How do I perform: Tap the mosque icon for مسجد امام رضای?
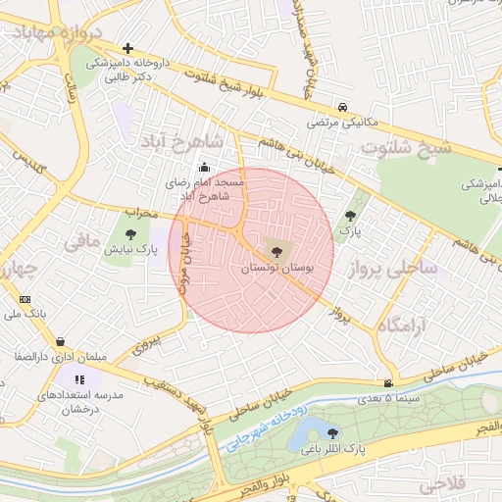[x=204, y=166]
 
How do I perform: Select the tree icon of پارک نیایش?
[x=130, y=232]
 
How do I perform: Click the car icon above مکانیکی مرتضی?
[x=341, y=107]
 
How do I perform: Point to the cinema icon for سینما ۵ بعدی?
[x=389, y=383]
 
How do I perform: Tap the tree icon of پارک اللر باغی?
[x=333, y=432]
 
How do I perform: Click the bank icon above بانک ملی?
[x=25, y=299]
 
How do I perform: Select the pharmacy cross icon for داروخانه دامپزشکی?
[x=126, y=47]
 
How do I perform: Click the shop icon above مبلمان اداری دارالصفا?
[x=61, y=341]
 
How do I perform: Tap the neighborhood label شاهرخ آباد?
[x=183, y=143]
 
